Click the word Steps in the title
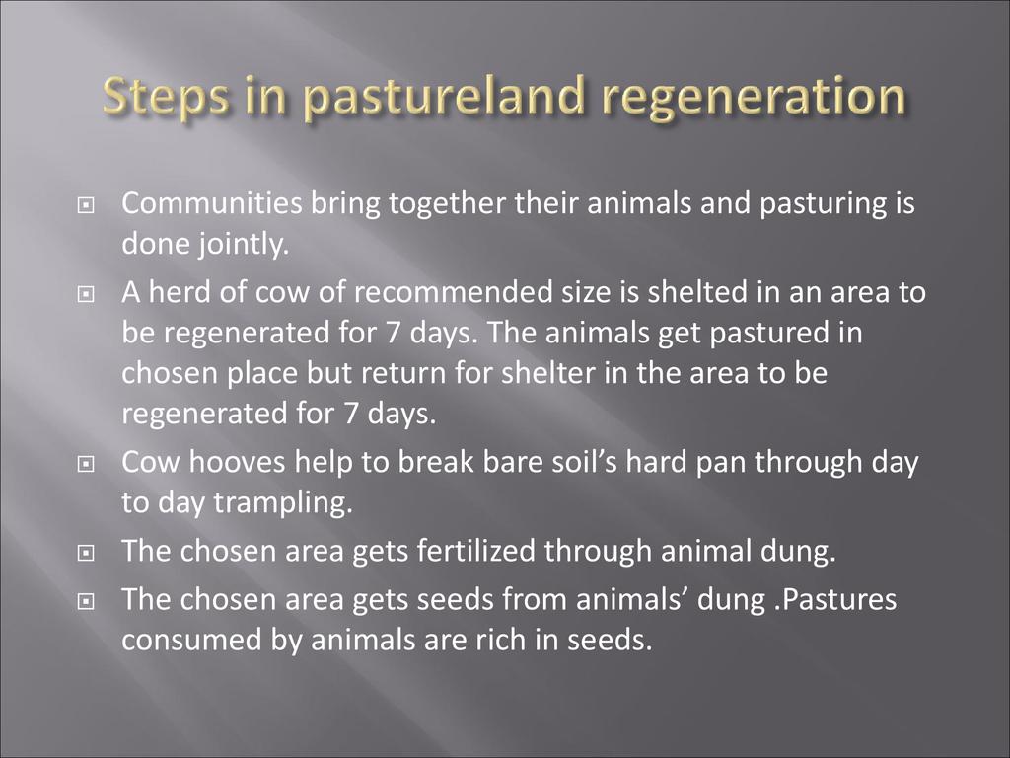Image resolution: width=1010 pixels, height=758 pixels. click(165, 97)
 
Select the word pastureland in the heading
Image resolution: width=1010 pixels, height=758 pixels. click(444, 97)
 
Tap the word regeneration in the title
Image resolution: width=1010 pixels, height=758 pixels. click(754, 97)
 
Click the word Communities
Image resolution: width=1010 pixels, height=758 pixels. click(212, 203)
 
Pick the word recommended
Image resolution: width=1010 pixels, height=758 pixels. click(453, 292)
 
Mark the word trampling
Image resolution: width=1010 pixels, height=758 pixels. click(283, 503)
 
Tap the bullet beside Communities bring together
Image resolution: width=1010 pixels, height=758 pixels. click(85, 206)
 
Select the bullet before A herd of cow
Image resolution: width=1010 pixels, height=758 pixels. click(85, 295)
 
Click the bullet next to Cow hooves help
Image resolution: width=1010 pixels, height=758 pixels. click(85, 465)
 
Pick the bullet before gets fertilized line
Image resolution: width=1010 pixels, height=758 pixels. click(85, 554)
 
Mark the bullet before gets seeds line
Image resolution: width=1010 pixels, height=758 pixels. click(85, 602)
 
